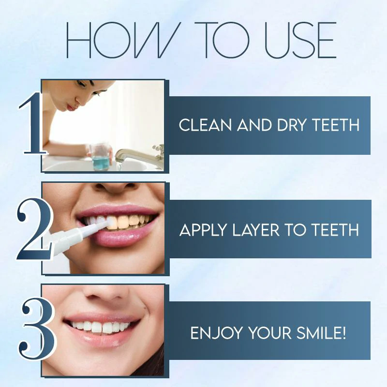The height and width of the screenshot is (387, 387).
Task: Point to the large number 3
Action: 33,331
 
